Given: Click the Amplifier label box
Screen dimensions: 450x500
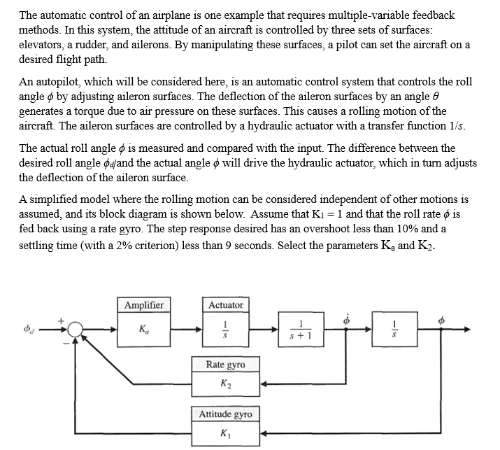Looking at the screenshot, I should pyautogui.click(x=144, y=305).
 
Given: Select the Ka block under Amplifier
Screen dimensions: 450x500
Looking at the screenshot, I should pyautogui.click(x=144, y=328).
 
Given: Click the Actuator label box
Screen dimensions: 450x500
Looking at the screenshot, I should pyautogui.click(x=226, y=305).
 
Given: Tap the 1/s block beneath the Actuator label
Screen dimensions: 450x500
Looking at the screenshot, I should pyautogui.click(x=226, y=328).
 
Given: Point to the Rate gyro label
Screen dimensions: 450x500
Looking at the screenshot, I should pyautogui.click(x=226, y=364).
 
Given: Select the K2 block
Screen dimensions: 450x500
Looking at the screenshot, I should pyautogui.click(x=226, y=384).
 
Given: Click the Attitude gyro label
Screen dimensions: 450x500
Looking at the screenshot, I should pyautogui.click(x=226, y=414).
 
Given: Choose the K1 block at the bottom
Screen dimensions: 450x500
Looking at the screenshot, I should pyautogui.click(x=226, y=433).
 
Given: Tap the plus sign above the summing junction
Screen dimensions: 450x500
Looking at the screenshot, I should pyautogui.click(x=61, y=319).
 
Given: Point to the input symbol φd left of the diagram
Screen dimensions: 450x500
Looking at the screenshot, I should pyautogui.click(x=29, y=328).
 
